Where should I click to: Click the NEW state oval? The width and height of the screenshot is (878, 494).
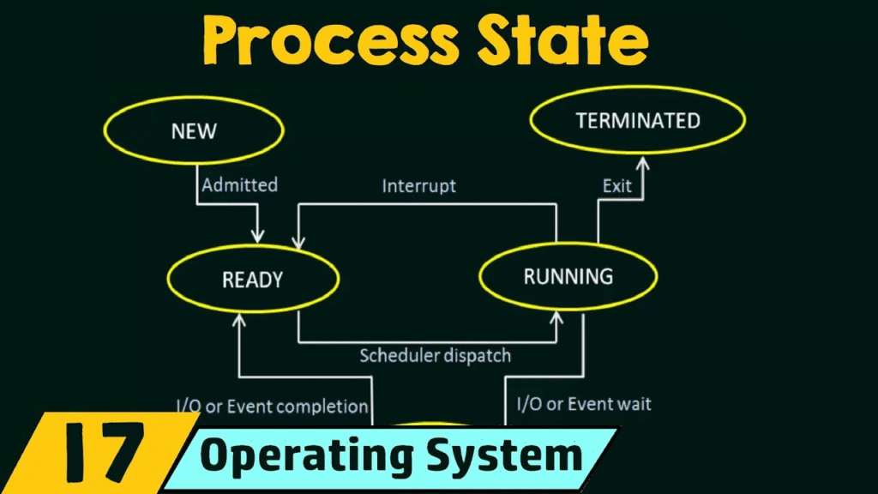pyautogui.click(x=194, y=98)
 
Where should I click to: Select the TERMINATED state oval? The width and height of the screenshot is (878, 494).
pyautogui.click(x=638, y=87)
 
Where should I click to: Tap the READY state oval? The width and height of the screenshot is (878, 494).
pyautogui.click(x=253, y=247)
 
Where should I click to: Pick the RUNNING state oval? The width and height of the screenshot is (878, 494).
pyautogui.click(x=568, y=244)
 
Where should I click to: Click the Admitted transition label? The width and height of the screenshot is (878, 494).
pyautogui.click(x=240, y=185)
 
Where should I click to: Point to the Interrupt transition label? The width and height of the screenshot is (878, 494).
pyautogui.click(x=418, y=186)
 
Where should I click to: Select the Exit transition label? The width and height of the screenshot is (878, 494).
pyautogui.click(x=617, y=186)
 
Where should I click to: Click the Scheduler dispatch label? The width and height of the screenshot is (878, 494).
pyautogui.click(x=435, y=356)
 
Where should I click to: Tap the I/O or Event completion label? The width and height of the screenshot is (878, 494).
pyautogui.click(x=272, y=406)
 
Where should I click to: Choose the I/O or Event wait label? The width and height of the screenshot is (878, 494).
pyautogui.click(x=584, y=404)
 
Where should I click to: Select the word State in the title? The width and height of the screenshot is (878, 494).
pyautogui.click(x=563, y=40)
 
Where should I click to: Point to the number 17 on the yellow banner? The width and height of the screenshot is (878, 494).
pyautogui.click(x=105, y=453)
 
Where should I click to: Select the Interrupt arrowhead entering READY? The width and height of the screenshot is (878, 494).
pyautogui.click(x=298, y=242)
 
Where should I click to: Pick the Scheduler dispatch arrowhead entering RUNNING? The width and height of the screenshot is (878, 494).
pyautogui.click(x=556, y=317)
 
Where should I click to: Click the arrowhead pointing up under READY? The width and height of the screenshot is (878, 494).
pyautogui.click(x=239, y=320)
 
